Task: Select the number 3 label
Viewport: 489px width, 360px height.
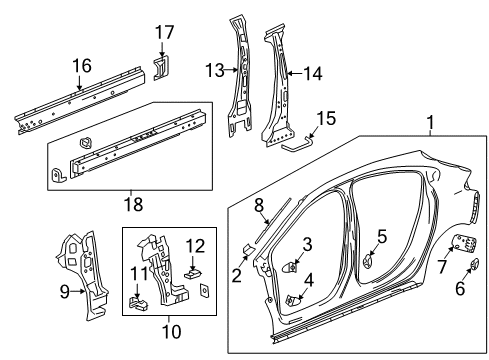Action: pos(307,243)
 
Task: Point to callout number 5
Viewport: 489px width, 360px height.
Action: pos(381,237)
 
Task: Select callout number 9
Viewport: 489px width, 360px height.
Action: pos(65,293)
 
